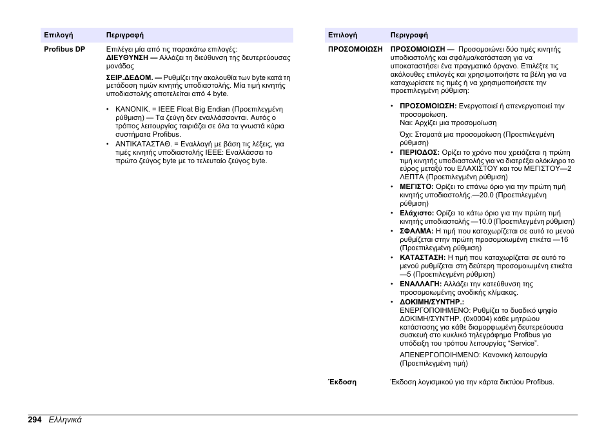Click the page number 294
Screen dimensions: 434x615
(35, 420)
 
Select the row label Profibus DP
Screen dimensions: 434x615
(64, 49)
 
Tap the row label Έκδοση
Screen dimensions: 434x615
(342, 382)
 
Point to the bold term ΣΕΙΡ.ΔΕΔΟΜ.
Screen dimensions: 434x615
(130, 77)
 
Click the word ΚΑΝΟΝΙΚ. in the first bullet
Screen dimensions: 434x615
(132, 110)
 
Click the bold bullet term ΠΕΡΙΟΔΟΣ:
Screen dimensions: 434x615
(419, 152)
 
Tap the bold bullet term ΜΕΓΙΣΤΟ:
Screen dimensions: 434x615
(416, 186)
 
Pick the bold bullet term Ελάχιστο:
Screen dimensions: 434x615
(416, 213)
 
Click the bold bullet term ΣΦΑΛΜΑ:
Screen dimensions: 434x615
(416, 231)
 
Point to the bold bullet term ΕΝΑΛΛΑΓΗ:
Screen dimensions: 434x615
(420, 284)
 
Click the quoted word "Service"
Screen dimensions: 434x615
(525, 343)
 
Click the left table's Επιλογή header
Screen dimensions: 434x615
(58, 35)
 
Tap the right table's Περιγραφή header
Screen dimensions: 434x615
(409, 35)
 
